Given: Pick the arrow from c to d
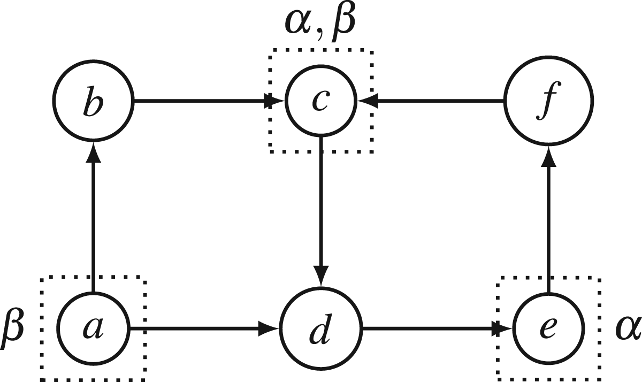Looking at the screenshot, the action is point(321,212).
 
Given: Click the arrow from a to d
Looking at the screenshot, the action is point(204,328).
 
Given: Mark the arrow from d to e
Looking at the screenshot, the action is point(438,328).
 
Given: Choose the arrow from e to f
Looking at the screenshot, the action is point(548,219).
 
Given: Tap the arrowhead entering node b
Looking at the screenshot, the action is point(94,152).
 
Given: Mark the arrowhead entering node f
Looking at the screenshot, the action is point(548,156).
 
